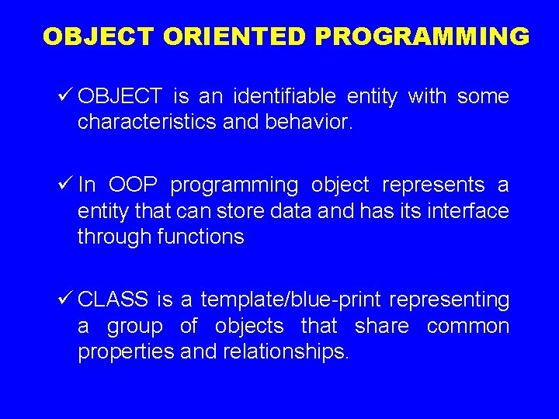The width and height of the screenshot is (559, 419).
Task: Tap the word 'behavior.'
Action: click(x=311, y=123)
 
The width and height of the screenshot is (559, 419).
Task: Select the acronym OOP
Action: click(x=133, y=185)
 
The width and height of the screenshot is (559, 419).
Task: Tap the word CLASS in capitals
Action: click(x=113, y=300)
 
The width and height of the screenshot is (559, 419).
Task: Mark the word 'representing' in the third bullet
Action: click(x=450, y=300)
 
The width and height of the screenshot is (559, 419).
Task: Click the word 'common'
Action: click(x=468, y=327)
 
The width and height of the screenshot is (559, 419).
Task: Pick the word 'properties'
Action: click(x=126, y=352)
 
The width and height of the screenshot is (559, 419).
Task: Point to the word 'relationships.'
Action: click(x=286, y=352)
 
